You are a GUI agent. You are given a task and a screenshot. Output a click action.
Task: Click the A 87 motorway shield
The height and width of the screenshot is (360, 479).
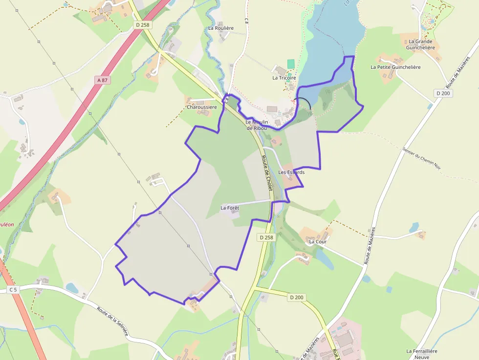[x=102, y=80]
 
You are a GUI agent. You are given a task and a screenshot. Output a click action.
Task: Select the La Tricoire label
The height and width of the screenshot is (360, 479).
[x=284, y=78]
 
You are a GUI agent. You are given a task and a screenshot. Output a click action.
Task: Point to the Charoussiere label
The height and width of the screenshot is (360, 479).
[x=201, y=107]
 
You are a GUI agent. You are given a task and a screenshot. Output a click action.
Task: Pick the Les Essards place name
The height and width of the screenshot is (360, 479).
[x=291, y=172]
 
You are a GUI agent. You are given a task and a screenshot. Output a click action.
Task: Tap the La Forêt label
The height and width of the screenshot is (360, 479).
[x=230, y=208]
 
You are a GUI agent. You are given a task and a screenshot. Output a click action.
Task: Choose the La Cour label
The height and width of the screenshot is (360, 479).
[x=318, y=241]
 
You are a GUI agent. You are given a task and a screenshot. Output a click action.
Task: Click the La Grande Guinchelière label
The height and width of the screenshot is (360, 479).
[x=421, y=44]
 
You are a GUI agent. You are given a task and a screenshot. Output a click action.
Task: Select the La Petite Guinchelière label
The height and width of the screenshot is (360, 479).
[x=395, y=67]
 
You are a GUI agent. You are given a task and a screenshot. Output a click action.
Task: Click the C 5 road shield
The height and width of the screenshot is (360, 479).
[x=13, y=290]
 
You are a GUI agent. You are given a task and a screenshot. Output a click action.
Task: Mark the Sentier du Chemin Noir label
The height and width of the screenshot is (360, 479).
[x=422, y=158]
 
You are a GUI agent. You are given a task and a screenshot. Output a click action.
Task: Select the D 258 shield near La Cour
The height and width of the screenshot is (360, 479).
[x=266, y=237]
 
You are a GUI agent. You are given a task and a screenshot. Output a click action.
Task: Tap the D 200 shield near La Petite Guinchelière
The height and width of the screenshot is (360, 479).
[x=443, y=93]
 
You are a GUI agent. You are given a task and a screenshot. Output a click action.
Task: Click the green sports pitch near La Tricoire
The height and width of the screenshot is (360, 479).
[x=291, y=64]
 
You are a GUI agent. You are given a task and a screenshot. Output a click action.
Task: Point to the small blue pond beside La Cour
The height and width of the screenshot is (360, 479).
[x=324, y=259]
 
